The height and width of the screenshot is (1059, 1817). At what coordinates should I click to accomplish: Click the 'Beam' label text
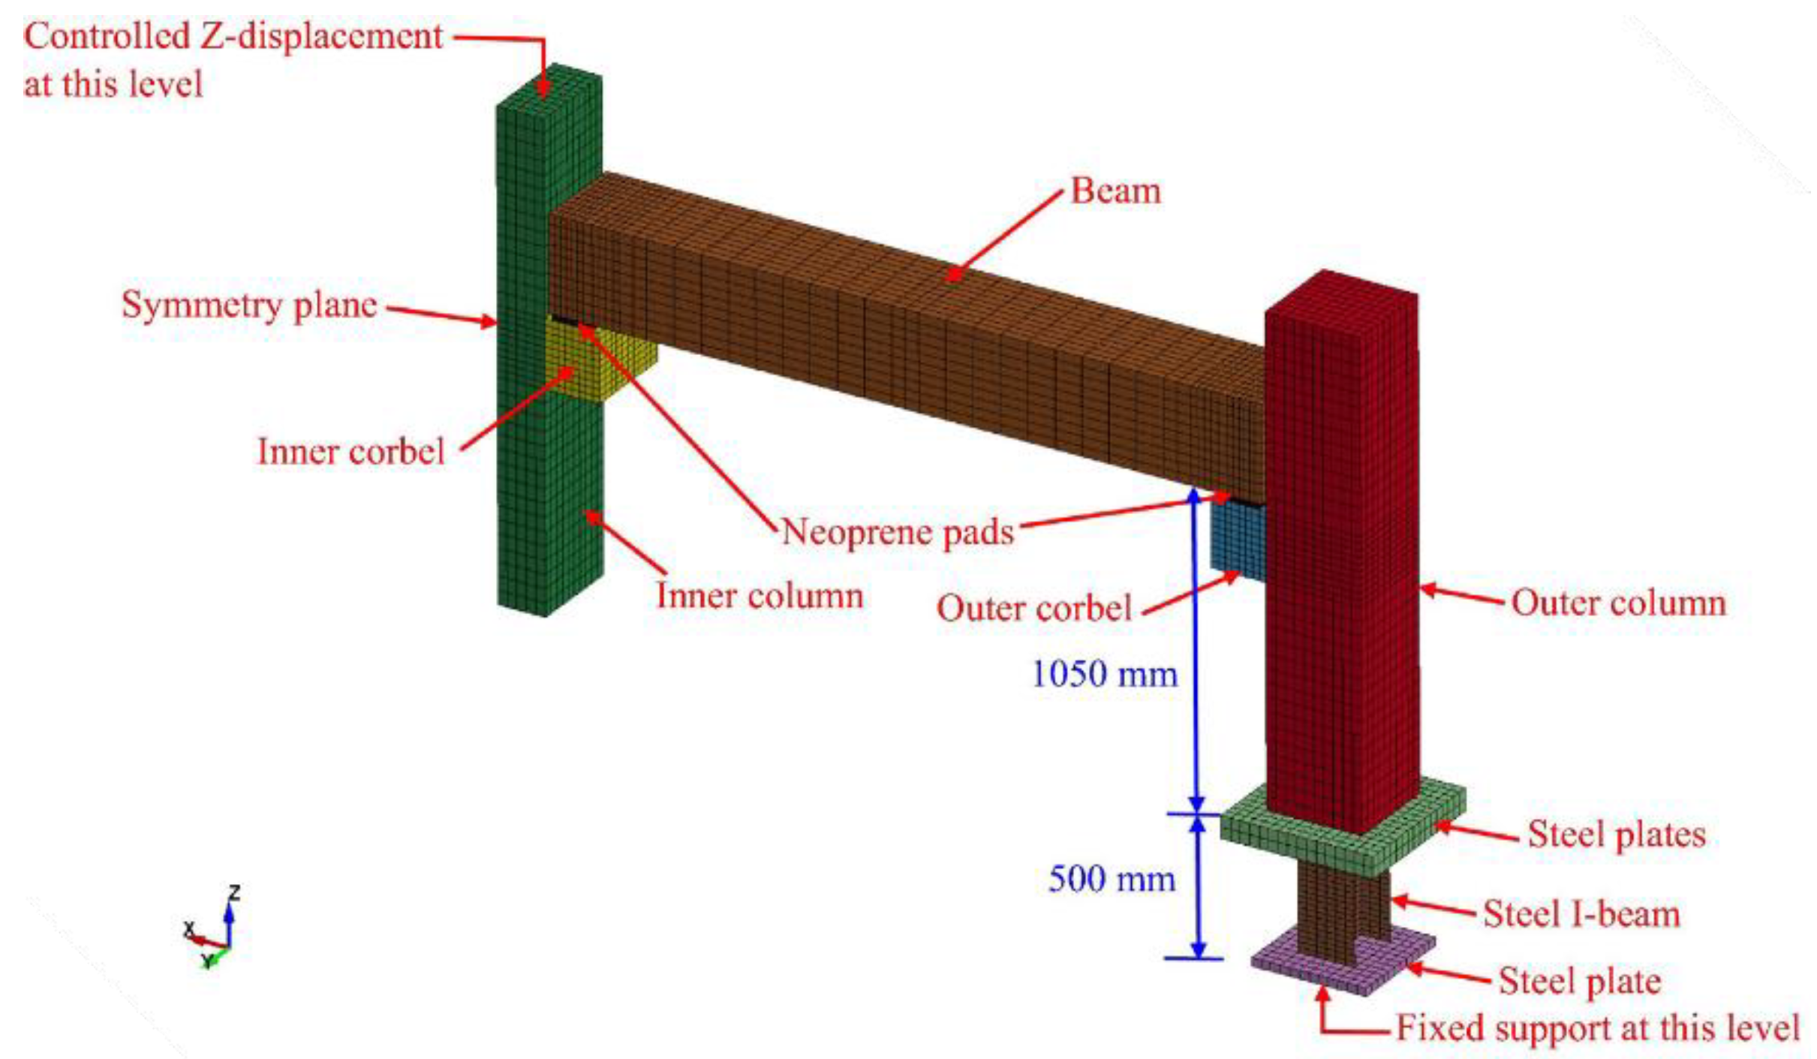click(1115, 191)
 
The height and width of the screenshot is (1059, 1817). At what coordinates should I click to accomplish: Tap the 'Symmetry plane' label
click(249, 305)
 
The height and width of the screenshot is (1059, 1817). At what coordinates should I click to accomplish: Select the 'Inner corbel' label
click(350, 452)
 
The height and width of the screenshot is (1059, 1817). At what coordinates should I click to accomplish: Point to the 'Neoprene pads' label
click(898, 532)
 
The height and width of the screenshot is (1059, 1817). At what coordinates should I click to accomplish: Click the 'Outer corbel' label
click(1033, 608)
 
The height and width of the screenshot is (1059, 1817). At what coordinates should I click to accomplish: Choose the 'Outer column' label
click(1618, 603)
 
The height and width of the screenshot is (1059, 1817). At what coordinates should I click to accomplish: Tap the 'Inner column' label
click(760, 596)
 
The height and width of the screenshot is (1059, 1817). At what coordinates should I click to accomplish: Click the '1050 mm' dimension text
click(1104, 674)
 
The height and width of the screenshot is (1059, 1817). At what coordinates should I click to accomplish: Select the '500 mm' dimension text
click(1112, 879)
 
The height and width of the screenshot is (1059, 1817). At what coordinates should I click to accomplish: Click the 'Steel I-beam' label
click(1581, 914)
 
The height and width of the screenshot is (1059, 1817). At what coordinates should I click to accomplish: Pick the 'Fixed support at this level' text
click(1598, 1027)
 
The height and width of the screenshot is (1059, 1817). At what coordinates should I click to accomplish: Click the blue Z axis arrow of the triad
click(229, 919)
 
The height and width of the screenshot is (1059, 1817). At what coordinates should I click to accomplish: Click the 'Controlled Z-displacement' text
click(233, 37)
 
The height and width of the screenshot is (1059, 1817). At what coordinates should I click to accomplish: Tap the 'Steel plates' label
click(1617, 834)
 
